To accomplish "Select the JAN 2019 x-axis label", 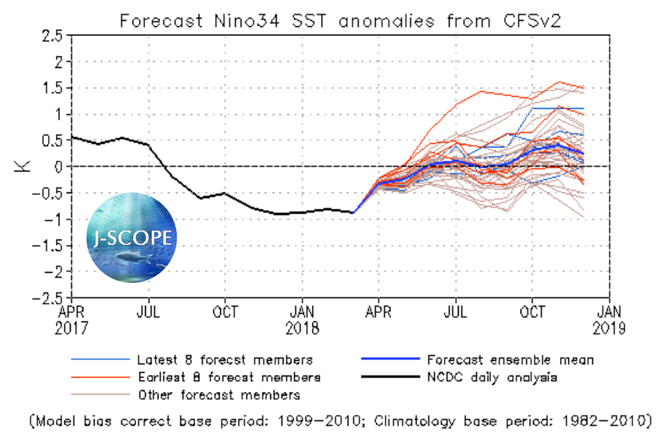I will point(610,319).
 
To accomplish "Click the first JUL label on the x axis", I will point(148,311).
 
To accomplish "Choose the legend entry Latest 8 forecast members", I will point(224,360).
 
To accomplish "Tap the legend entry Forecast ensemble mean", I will point(510,360).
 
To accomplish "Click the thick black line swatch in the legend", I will point(390,377).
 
